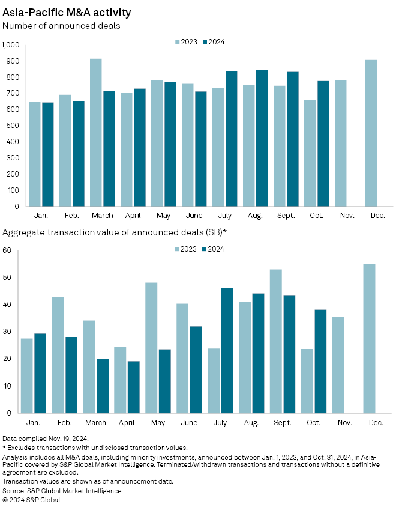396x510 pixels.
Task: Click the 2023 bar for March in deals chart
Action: pyautogui.click(x=95, y=132)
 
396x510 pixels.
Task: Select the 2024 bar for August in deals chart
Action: pyautogui.click(x=262, y=138)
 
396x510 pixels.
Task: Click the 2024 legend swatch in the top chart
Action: pyautogui.click(x=204, y=42)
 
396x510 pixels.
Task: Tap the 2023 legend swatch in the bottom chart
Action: pyautogui.click(x=178, y=249)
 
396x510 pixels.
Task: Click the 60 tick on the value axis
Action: pyautogui.click(x=8, y=250)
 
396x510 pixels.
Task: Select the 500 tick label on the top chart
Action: pyautogui.click(x=13, y=126)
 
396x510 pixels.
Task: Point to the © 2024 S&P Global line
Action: pyautogui.click(x=32, y=499)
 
